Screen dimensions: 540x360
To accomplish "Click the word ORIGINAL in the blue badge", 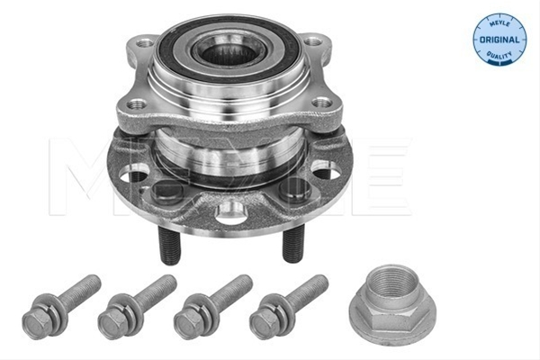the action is coord(499,40).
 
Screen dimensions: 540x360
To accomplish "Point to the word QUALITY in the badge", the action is coord(499,54).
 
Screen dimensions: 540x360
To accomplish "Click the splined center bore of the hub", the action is coord(229,53).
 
